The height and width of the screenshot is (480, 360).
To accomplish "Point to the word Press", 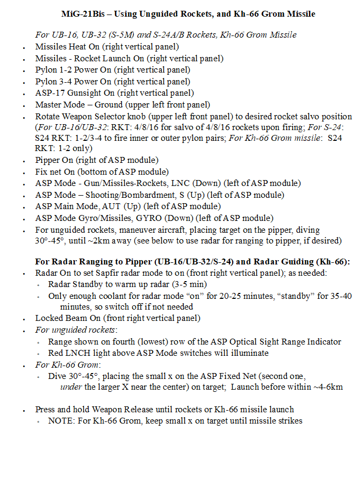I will pos(46,410).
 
